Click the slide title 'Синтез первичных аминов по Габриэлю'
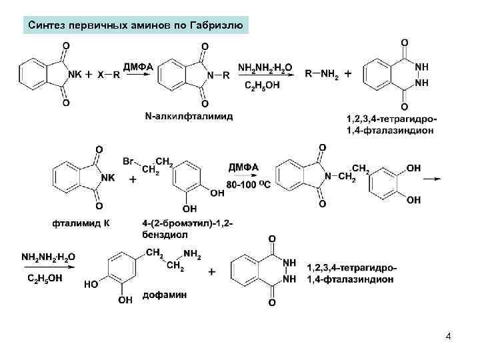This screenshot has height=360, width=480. (x=137, y=27)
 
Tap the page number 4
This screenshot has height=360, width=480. (x=449, y=337)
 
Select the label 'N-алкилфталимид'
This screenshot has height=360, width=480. (x=189, y=117)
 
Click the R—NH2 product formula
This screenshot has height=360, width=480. (x=322, y=74)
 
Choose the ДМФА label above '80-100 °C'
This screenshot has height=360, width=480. (x=244, y=167)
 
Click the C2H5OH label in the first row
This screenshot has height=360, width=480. (x=262, y=85)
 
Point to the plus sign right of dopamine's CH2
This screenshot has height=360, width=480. (x=212, y=272)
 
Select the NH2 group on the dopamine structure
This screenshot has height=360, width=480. (x=192, y=253)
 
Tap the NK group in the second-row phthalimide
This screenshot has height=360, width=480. (x=105, y=177)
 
